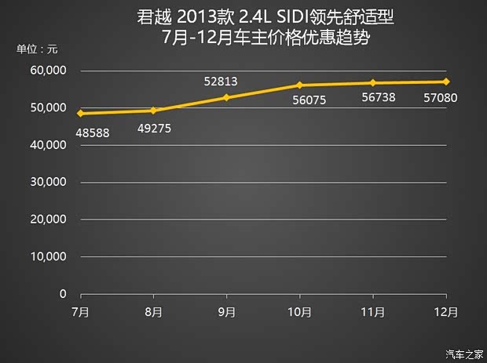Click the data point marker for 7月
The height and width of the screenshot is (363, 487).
tap(81, 114)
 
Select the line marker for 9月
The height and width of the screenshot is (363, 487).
tap(227, 97)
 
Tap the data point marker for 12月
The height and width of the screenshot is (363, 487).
tap(446, 82)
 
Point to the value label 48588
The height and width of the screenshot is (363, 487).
tap(93, 132)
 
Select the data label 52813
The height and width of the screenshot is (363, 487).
tap(221, 80)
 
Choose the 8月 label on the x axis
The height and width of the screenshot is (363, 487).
tap(154, 311)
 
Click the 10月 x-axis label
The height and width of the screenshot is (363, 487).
tap(300, 311)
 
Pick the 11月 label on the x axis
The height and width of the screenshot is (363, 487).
tap(373, 311)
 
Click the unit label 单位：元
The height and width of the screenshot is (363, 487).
tap(38, 49)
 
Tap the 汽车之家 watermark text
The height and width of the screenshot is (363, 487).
tap(463, 352)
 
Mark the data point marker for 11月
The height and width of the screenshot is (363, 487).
tap(373, 83)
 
